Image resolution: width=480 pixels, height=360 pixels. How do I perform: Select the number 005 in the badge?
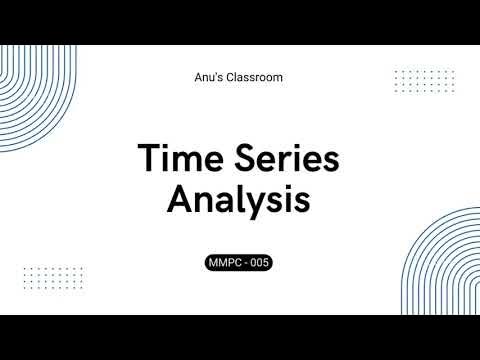point(259,263)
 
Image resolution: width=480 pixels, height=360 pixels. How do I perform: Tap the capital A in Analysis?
point(180,200)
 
